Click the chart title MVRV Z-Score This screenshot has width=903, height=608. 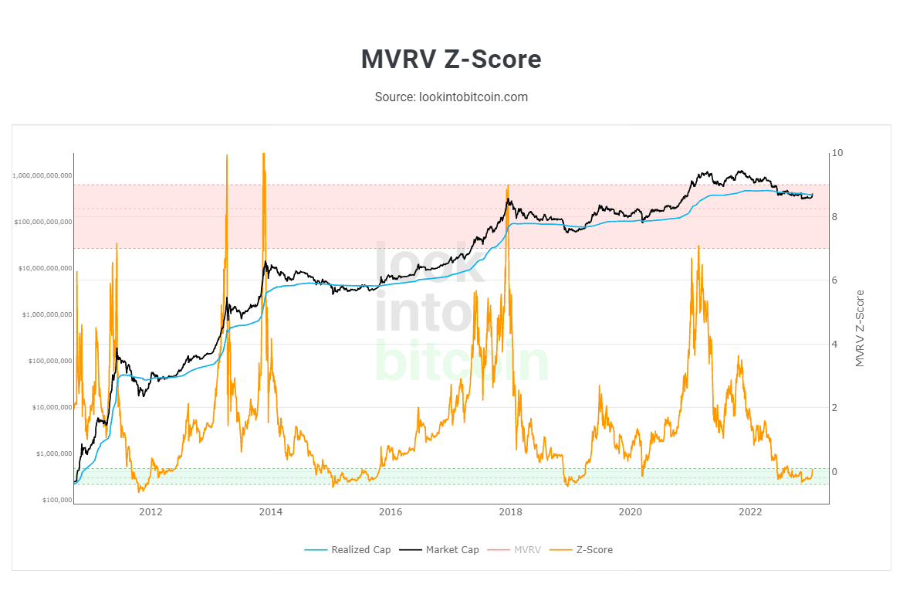point(451,59)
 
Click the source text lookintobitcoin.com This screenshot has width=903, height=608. point(451,97)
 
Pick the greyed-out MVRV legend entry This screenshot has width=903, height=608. point(527,550)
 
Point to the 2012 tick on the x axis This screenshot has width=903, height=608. point(150,512)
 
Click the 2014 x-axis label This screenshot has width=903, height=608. point(270,512)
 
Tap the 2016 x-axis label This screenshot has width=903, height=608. point(391,512)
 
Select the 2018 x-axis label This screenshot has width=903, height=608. point(510,512)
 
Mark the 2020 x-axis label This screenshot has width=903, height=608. point(631,512)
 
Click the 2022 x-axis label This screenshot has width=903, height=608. point(750,512)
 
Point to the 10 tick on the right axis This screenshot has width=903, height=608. point(837,153)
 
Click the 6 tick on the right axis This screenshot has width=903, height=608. point(834,280)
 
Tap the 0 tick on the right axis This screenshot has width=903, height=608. point(834,471)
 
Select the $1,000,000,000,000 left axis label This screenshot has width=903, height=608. point(42,176)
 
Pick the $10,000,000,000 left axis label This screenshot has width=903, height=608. point(46,269)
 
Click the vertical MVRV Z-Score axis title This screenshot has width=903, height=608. point(861,328)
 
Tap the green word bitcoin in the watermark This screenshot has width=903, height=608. point(462,362)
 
